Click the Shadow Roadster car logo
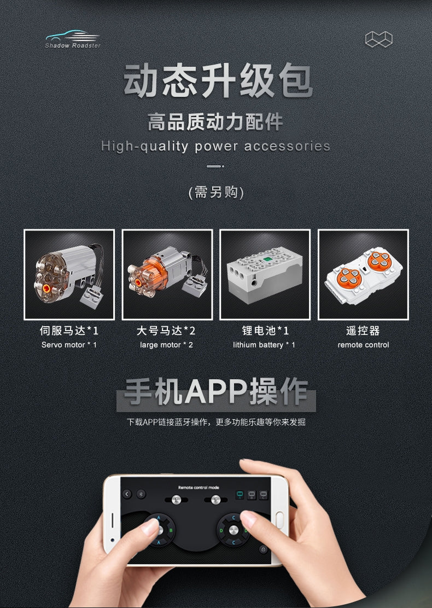click(x=73, y=39)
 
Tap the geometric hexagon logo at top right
click(x=378, y=39)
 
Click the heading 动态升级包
click(x=218, y=80)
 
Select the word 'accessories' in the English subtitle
click(x=287, y=146)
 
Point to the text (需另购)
click(x=216, y=192)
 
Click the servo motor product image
click(x=69, y=275)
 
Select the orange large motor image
click(x=167, y=275)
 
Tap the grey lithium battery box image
click(x=265, y=275)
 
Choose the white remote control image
click(x=363, y=275)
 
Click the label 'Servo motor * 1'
click(x=69, y=345)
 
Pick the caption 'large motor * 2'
click(x=167, y=345)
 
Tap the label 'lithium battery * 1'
click(x=264, y=345)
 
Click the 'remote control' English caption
click(x=363, y=345)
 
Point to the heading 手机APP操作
click(x=216, y=392)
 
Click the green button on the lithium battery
click(x=267, y=259)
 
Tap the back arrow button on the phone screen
click(x=127, y=494)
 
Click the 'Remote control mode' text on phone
click(x=199, y=488)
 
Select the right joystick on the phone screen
click(x=233, y=530)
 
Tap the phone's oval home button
click(x=279, y=520)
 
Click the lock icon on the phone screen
click(x=263, y=549)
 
